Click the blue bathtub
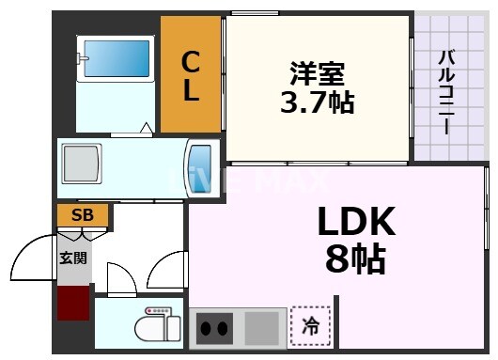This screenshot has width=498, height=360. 117,61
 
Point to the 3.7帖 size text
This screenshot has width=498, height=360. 317,102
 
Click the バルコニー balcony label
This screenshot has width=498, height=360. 446,90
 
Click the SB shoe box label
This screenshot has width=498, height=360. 83,215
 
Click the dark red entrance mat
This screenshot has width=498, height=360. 73,304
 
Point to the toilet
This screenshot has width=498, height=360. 156,325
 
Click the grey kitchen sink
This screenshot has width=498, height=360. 262,328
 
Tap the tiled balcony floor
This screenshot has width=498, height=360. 447,132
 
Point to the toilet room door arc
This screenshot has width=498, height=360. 120,277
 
